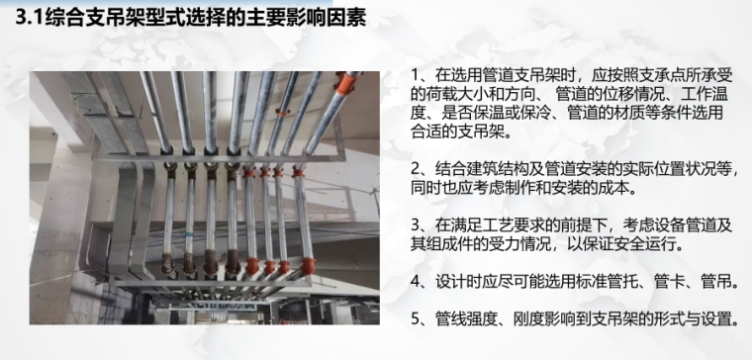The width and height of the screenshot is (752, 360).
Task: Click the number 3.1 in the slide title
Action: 29,18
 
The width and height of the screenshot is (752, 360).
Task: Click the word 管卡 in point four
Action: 677,282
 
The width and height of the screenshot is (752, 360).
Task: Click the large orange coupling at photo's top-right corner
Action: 347,82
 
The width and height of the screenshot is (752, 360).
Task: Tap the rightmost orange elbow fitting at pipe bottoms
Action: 308,266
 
